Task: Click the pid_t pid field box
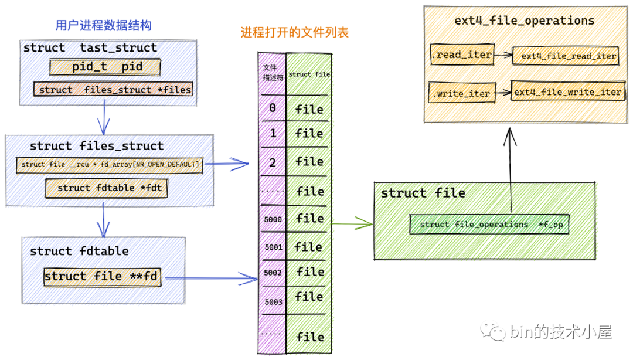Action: pos(105,67)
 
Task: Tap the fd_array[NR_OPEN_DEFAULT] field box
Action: pos(110,164)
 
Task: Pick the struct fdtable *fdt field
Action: pos(106,188)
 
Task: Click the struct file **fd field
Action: pos(101,277)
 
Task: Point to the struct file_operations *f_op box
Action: pos(489,225)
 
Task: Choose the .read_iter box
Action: pos(461,55)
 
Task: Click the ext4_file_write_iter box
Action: pos(567,92)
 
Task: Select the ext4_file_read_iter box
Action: pos(565,56)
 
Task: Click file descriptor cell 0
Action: pos(273,108)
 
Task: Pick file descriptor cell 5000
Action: pos(273,219)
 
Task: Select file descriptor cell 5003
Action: pos(273,302)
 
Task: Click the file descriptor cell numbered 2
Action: pos(273,162)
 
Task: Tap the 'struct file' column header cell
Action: pos(309,74)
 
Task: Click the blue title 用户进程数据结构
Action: pos(103,26)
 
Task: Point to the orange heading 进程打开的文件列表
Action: pos(294,33)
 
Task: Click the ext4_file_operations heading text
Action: pos(524,21)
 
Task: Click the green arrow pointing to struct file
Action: pos(353,223)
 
